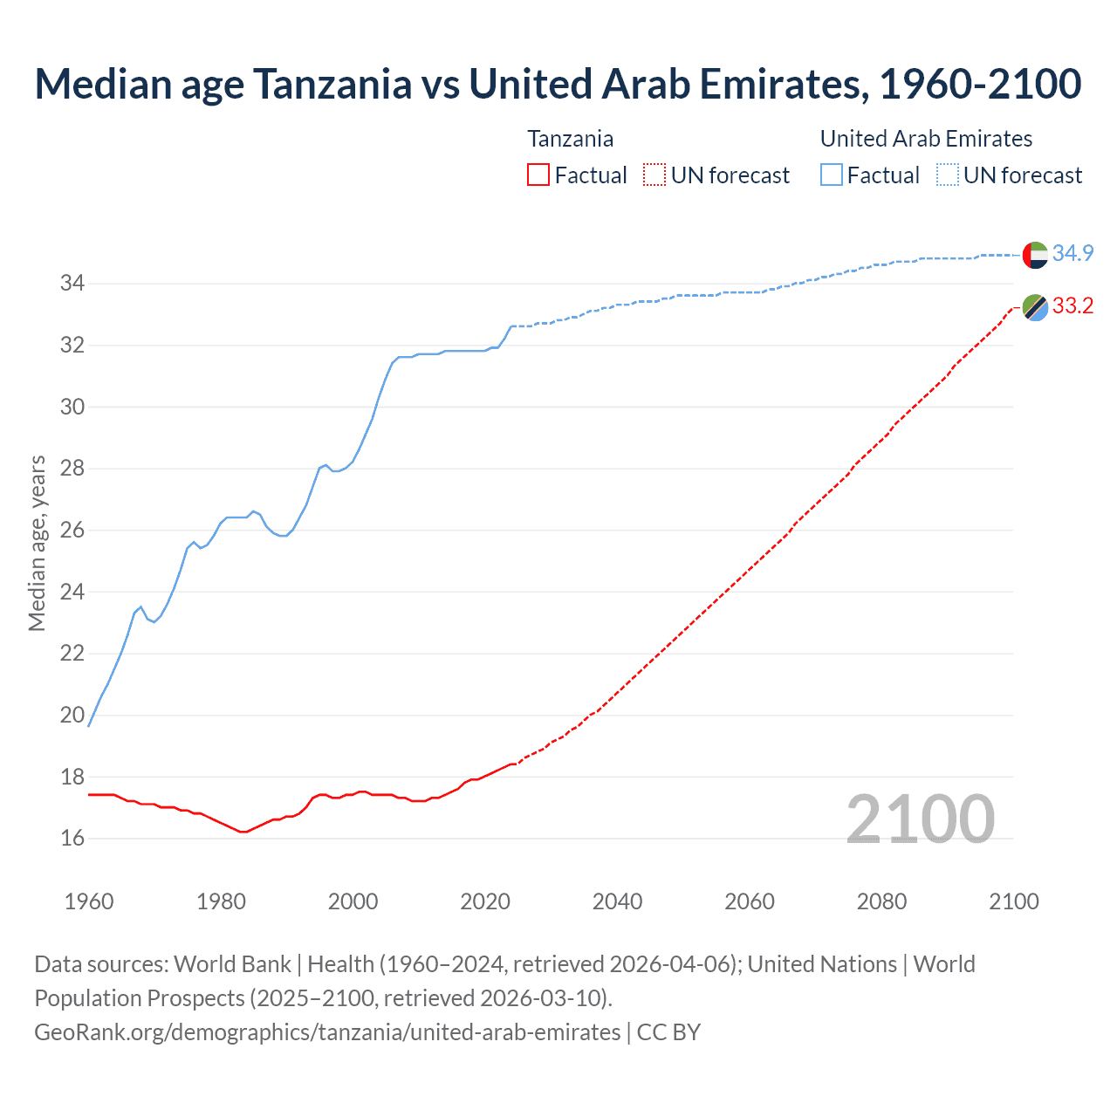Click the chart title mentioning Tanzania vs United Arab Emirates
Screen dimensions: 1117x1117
(x=558, y=84)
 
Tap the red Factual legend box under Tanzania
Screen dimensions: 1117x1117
(x=538, y=175)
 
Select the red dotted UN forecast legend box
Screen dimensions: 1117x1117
(x=654, y=175)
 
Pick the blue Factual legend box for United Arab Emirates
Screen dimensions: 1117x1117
(x=832, y=175)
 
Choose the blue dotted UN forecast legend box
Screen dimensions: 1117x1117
(x=948, y=175)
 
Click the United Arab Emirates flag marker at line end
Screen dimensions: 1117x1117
(x=1035, y=255)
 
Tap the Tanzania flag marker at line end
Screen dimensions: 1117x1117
(x=1035, y=307)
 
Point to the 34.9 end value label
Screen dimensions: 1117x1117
(x=1072, y=253)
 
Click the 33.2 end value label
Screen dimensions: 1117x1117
(x=1072, y=305)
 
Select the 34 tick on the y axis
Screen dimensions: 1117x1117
(x=72, y=283)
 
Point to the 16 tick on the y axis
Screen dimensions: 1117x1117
(x=72, y=839)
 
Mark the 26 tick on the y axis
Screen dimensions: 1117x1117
(x=72, y=530)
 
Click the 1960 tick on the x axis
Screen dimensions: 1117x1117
(x=89, y=901)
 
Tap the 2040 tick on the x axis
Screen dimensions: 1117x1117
(x=617, y=901)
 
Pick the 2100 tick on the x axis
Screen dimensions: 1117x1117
(x=1013, y=901)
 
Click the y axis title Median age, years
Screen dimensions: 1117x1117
(x=37, y=543)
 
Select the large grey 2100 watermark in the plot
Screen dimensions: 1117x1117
(x=920, y=819)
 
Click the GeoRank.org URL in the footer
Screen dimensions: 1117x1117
(x=327, y=1032)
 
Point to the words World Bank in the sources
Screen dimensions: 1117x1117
(x=232, y=964)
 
